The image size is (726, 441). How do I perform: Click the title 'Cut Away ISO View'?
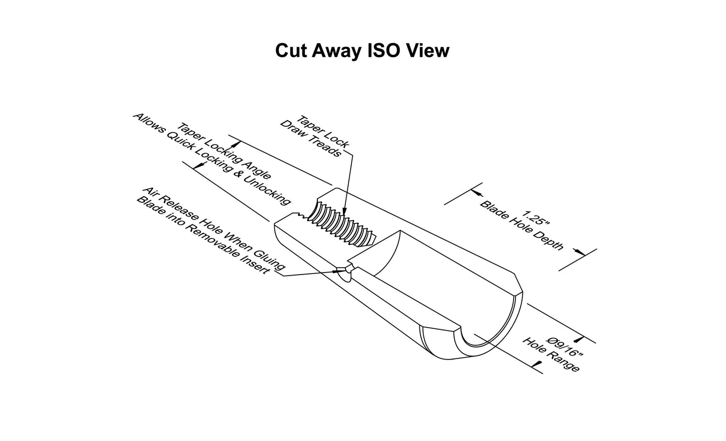click(362, 51)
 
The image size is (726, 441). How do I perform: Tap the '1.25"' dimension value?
click(536, 218)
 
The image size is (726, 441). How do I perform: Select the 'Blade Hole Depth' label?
click(522, 225)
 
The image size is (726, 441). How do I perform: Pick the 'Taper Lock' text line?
click(323, 132)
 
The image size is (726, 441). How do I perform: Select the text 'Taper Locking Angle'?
click(224, 151)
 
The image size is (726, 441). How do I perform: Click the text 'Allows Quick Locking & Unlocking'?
click(212, 159)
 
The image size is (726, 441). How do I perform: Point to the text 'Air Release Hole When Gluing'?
click(214, 229)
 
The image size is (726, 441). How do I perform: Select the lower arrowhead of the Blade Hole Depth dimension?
click(579, 252)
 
